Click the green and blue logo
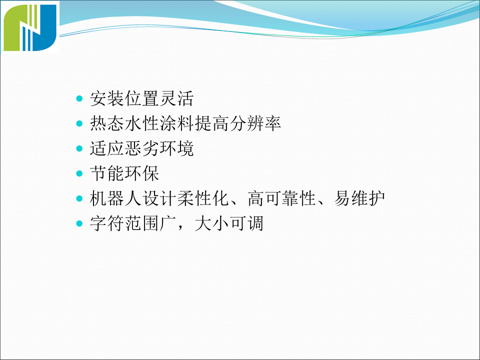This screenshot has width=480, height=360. click(x=30, y=27)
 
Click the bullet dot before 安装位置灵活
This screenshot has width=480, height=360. click(x=79, y=98)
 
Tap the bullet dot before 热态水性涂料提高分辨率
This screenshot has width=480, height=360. click(x=79, y=123)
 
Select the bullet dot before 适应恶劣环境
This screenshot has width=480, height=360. click(x=79, y=148)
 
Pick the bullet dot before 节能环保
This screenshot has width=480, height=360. click(x=79, y=173)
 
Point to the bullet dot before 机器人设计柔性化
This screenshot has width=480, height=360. click(x=79, y=198)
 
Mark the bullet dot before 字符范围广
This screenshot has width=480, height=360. click(x=79, y=223)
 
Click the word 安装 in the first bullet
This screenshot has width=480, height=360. click(x=107, y=98)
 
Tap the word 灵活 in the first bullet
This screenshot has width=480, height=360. click(x=176, y=98)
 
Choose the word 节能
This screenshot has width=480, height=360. click(x=107, y=173)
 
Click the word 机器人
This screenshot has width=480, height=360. click(x=115, y=198)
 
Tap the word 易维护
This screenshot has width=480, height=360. click(x=359, y=198)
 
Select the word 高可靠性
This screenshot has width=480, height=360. click(x=282, y=198)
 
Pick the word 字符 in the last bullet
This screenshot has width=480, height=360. click(x=107, y=223)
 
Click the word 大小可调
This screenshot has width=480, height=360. click(x=229, y=223)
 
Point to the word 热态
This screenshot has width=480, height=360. click(x=107, y=123)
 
